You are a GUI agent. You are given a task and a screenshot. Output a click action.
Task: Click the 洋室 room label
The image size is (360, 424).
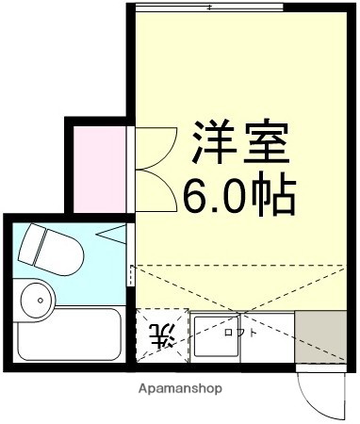[x=241, y=144]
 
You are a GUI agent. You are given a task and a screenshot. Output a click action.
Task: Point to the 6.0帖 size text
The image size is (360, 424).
[x=240, y=194]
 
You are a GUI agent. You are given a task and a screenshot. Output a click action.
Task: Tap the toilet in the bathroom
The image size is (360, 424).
[x=52, y=246]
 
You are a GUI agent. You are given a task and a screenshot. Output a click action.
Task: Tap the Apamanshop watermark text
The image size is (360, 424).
[x=181, y=388]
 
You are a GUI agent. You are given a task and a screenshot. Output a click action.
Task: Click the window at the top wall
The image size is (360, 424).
[x=209, y=8]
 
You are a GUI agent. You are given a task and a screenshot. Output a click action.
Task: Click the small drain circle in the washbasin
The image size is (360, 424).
[x=40, y=302]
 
